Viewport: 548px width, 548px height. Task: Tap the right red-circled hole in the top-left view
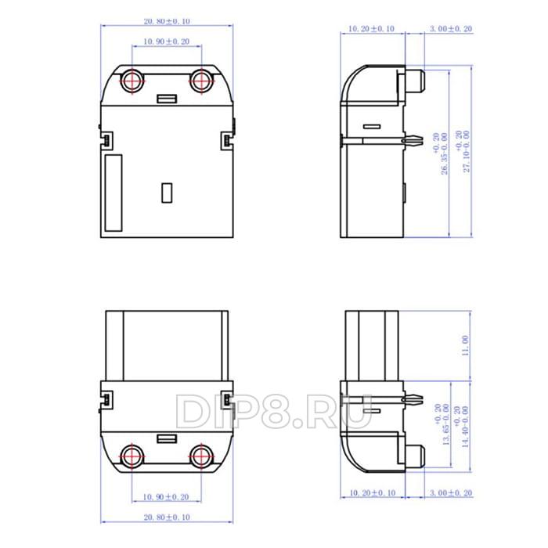(202, 80)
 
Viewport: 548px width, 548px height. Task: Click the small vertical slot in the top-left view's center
(167, 193)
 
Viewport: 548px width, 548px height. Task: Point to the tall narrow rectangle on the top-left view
(114, 193)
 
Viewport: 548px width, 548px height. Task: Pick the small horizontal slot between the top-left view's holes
(167, 99)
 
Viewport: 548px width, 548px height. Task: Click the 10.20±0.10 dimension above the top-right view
(371, 29)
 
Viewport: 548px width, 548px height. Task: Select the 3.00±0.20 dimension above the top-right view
(452, 29)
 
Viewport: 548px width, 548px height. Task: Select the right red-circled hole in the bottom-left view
(202, 456)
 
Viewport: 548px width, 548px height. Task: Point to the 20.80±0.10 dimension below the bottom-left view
(167, 517)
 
